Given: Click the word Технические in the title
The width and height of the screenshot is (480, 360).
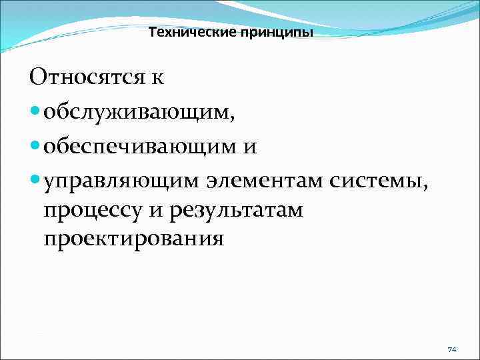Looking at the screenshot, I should [183, 32].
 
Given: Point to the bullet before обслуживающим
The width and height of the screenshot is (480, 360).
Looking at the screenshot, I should [35, 112].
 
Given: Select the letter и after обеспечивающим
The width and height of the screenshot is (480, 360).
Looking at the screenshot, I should [249, 146].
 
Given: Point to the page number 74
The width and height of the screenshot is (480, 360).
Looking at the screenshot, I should [452, 349].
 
